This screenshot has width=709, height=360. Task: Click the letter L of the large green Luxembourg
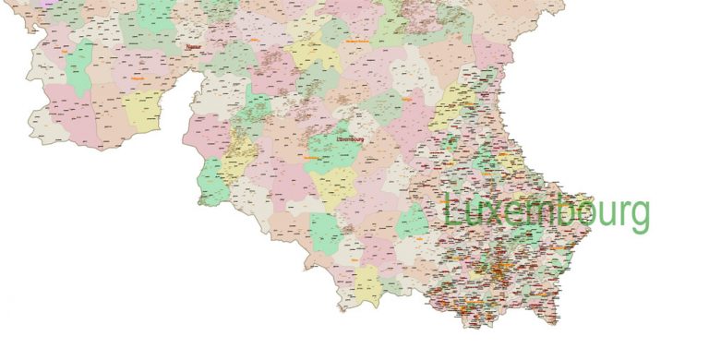point(451,211)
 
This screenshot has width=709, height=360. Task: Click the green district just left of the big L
point(412,222)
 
